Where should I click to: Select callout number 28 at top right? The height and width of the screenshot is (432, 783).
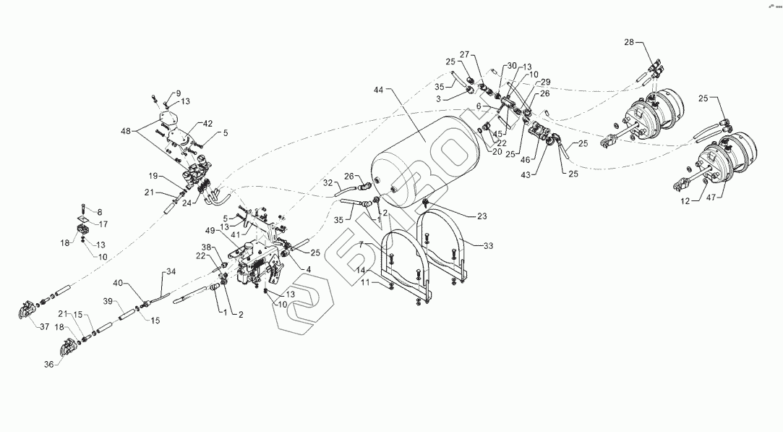tap(628, 43)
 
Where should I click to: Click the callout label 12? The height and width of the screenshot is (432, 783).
tap(683, 202)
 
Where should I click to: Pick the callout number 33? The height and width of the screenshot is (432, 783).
tap(489, 246)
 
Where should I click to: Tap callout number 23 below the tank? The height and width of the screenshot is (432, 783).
tap(481, 215)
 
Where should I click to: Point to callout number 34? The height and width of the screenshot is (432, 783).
tap(171, 271)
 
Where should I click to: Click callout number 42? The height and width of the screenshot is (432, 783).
tap(207, 123)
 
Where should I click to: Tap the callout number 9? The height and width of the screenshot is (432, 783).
tap(177, 93)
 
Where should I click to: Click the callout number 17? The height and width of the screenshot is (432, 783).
tap(103, 224)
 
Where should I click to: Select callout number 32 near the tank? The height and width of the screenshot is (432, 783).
tap(328, 183)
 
